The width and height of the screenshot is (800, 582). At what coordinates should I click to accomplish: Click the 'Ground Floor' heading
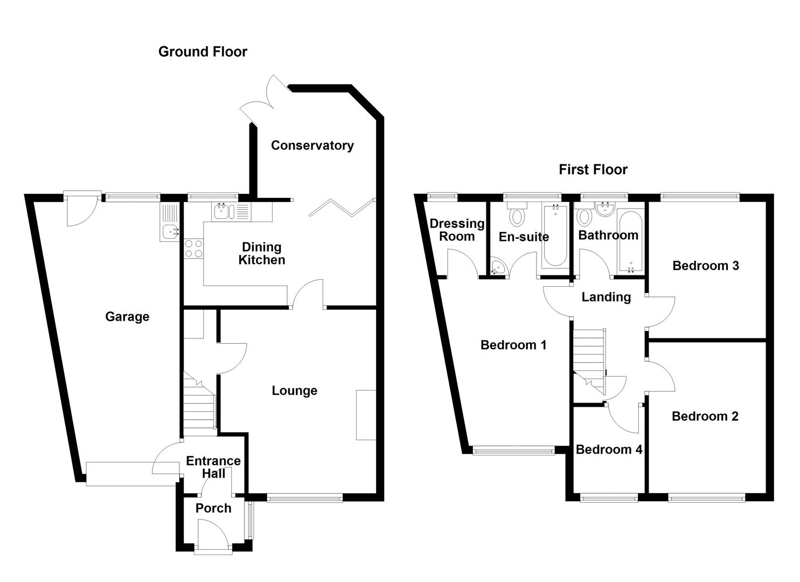click(x=203, y=52)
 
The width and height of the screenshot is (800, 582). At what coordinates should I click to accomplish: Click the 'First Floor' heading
click(x=593, y=170)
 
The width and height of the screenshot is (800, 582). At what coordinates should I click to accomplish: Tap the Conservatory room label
click(x=312, y=145)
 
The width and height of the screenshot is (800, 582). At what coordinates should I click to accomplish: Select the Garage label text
click(x=127, y=317)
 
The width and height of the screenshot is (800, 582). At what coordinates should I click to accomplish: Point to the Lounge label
click(x=294, y=391)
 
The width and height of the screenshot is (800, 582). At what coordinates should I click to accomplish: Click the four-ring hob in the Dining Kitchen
click(x=193, y=248)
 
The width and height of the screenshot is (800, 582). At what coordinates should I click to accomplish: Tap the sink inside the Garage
click(x=170, y=232)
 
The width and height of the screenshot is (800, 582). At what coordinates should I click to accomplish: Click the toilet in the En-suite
click(x=517, y=215)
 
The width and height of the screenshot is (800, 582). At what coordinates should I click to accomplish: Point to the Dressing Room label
click(x=457, y=230)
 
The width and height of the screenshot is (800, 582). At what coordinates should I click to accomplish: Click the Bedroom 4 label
click(x=609, y=449)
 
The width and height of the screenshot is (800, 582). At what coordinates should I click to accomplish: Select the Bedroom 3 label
click(x=705, y=266)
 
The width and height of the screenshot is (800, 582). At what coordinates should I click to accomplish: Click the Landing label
click(x=606, y=297)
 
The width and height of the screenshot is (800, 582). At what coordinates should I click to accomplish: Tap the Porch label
click(x=213, y=508)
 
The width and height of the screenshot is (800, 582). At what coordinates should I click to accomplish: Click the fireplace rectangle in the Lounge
click(x=366, y=414)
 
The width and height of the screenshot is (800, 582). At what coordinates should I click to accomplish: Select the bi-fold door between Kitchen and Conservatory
click(x=342, y=207)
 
